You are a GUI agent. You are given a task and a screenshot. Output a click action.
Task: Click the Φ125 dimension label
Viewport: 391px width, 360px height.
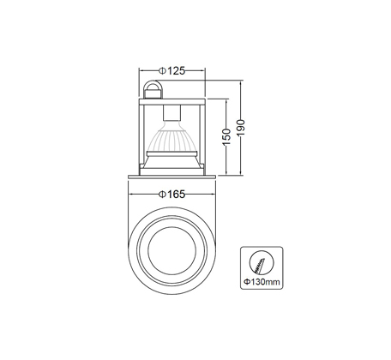tap(172, 70)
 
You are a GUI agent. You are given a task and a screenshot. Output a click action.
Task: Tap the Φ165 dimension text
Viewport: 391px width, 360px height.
tap(172, 195)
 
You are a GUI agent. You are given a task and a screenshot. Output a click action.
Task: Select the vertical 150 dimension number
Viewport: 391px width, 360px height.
tap(226, 137)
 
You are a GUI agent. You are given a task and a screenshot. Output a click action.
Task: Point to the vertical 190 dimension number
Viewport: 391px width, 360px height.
tap(241, 128)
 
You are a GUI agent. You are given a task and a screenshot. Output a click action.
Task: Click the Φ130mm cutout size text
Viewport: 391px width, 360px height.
tap(262, 282)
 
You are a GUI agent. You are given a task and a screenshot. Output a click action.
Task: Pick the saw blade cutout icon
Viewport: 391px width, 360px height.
tap(262, 262)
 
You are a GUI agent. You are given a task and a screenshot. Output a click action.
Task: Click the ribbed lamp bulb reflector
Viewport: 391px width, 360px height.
tap(171, 138)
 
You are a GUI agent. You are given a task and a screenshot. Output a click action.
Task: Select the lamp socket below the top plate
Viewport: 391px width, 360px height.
tap(171, 113)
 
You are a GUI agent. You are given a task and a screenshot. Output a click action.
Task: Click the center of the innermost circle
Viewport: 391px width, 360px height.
tap(171, 250)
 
